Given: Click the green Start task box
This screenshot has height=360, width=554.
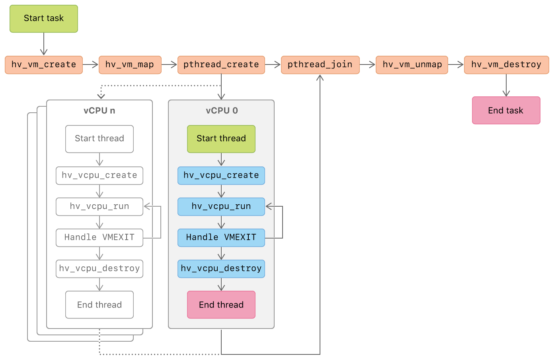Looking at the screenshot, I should tap(44, 19).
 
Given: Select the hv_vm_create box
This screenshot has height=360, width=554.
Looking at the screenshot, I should tap(44, 65).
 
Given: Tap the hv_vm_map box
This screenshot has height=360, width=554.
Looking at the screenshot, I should tap(130, 65).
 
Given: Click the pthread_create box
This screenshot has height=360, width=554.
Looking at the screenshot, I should tap(221, 65).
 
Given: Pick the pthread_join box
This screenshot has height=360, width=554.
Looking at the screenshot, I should tap(320, 65).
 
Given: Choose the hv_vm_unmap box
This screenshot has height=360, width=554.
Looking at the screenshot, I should tap(412, 65).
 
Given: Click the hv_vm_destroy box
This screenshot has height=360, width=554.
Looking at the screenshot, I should tap(506, 65).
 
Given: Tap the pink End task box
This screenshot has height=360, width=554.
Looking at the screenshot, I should tap(506, 110).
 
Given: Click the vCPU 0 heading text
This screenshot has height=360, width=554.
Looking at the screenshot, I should tap(222, 111).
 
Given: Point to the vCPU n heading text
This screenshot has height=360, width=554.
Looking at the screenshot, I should tap(99, 111).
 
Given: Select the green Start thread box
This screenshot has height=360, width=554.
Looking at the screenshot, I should tap(221, 139).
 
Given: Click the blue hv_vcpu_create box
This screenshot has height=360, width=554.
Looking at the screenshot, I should tap(221, 176).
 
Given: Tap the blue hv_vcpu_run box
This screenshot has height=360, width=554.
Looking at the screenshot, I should tap(221, 207).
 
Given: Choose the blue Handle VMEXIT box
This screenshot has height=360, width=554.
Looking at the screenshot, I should tap(221, 238).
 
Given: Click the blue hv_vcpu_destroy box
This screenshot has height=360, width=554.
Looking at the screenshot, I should tap(221, 269).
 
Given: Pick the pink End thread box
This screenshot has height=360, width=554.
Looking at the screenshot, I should tap(221, 305).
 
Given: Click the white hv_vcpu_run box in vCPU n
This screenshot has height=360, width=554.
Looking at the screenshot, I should tap(99, 207).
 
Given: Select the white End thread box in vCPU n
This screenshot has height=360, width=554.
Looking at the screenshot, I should tap(99, 305).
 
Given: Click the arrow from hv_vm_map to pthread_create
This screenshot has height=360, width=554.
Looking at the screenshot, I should tap(169, 65).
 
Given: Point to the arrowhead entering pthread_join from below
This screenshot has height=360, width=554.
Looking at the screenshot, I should tap(320, 78).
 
